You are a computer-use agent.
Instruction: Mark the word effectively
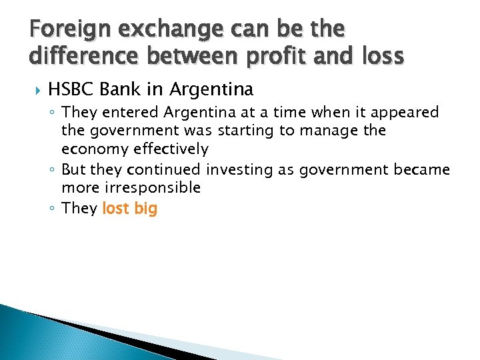[x=169, y=149]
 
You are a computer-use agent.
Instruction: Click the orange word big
[x=145, y=209]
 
